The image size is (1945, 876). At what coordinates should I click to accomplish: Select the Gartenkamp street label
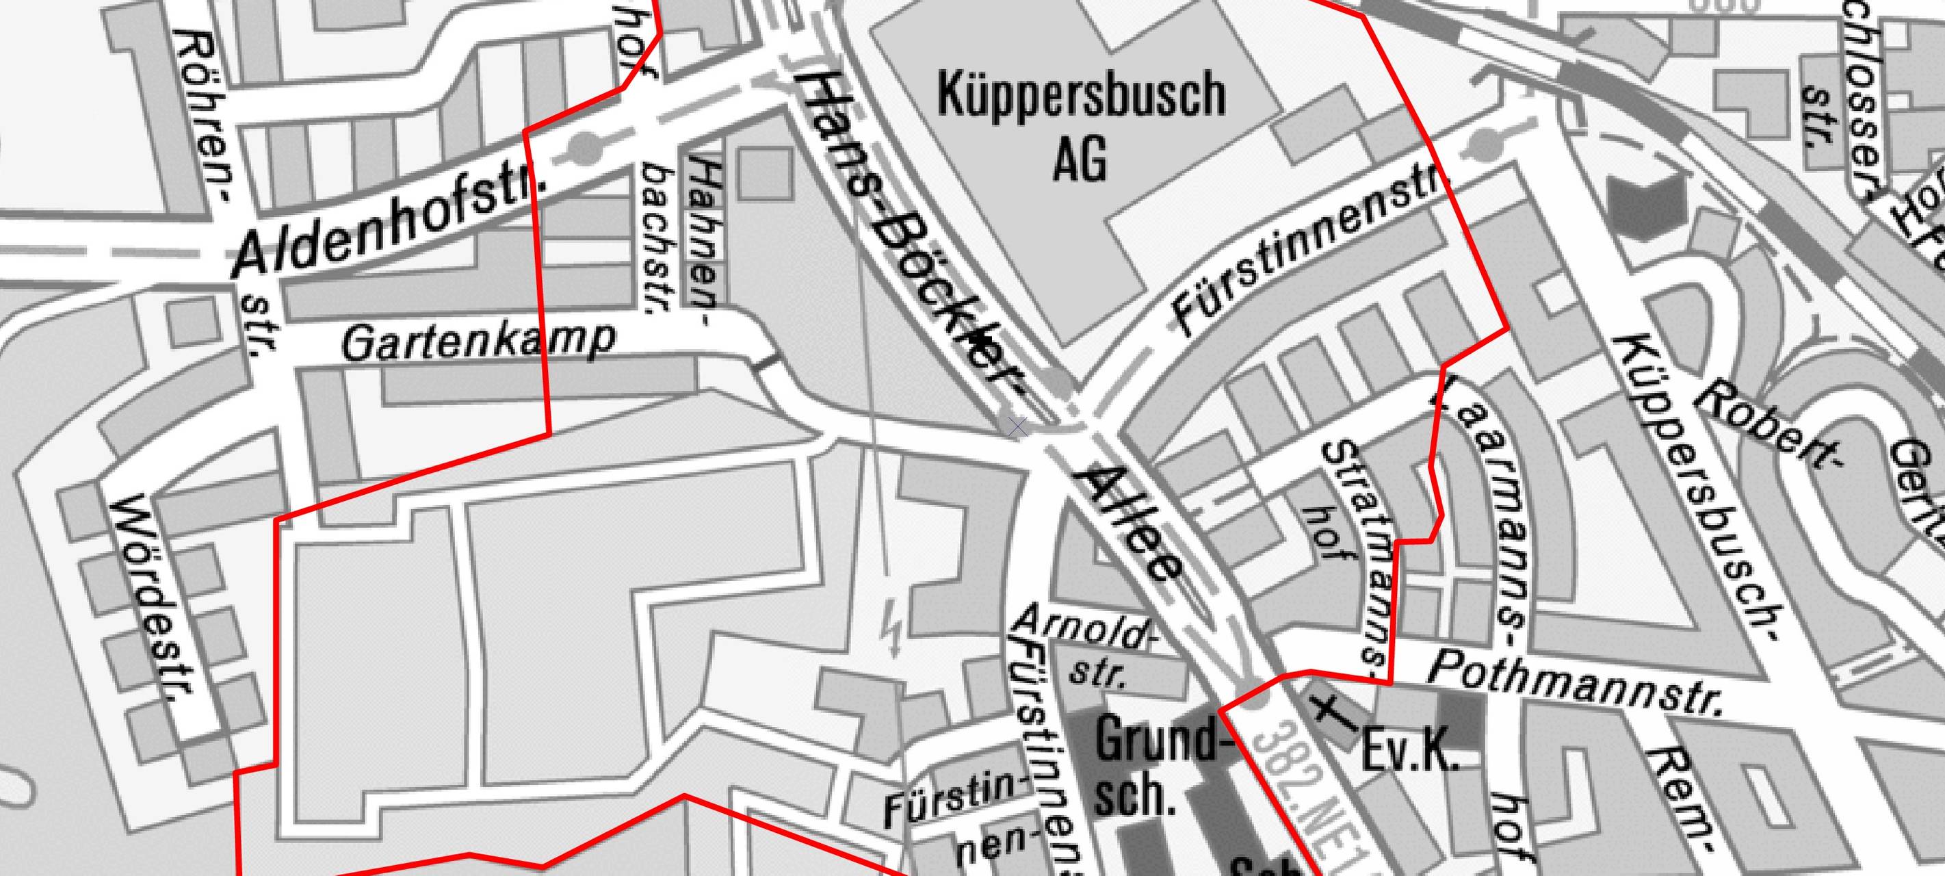pos(478,342)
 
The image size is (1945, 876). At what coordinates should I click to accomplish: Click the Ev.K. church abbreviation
pos(1408,751)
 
